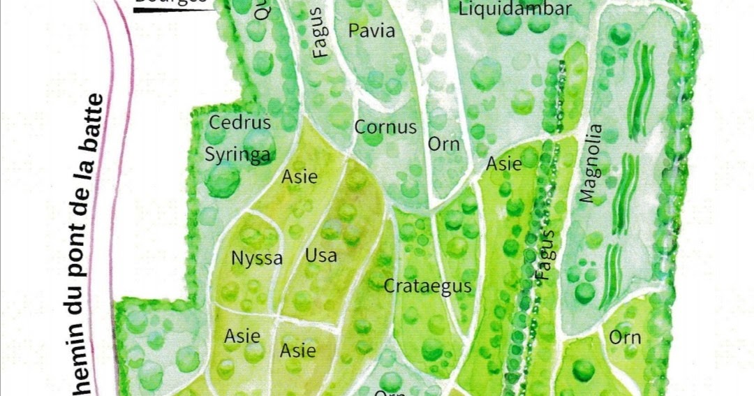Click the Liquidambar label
[x=515, y=9]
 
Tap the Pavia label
[x=371, y=31]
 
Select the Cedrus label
[x=240, y=123]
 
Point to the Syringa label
[x=237, y=155]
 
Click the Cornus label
[x=385, y=128]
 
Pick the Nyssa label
[x=257, y=259]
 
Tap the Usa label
[x=320, y=256]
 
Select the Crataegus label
[x=428, y=286]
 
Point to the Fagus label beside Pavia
[x=320, y=33]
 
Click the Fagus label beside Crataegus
[x=546, y=255]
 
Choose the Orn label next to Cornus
[x=444, y=145]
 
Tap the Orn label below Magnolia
[x=625, y=338]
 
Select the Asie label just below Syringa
[x=300, y=177]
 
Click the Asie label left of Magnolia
[x=503, y=165]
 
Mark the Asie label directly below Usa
[x=298, y=350]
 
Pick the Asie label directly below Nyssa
[x=242, y=337]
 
